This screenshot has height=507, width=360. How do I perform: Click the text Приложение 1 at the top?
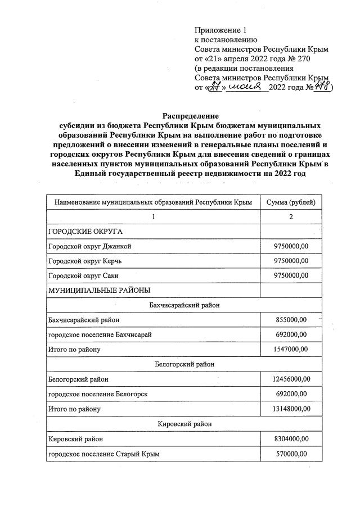(x=220, y=30)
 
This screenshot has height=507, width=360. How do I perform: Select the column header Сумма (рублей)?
(x=291, y=201)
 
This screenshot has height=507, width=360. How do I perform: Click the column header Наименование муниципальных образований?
(x=152, y=201)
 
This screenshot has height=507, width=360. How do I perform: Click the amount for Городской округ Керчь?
(x=291, y=261)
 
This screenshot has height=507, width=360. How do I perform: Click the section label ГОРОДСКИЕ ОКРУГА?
(x=85, y=231)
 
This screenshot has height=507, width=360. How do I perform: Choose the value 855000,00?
(x=291, y=320)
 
